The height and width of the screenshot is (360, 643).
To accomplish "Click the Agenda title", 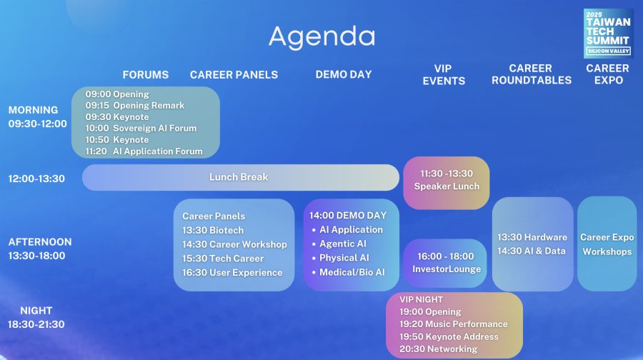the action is (322, 37).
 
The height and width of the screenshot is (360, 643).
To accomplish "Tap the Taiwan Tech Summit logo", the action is (609, 33).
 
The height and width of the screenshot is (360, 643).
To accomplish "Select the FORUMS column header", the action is (146, 74).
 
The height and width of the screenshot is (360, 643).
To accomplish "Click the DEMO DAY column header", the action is (344, 74).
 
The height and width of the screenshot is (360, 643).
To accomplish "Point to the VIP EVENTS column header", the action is (444, 74).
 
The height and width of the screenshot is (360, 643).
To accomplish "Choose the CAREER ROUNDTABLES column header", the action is (532, 74).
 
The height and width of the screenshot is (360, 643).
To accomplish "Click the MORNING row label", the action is (33, 110).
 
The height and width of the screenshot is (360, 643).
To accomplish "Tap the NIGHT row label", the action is (36, 311).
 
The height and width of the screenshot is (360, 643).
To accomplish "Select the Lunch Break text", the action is (239, 177).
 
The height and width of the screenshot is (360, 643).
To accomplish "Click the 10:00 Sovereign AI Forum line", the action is (141, 129).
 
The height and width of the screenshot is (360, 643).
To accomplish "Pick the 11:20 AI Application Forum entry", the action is (144, 151).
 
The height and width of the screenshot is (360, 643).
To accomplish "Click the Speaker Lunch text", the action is (447, 186).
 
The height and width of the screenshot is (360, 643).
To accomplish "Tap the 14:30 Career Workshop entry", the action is (234, 244).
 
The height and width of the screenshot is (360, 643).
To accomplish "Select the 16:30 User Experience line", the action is (232, 273).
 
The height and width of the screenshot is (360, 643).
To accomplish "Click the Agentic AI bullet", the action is (339, 244).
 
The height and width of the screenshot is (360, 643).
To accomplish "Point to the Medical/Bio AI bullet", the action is (349, 272).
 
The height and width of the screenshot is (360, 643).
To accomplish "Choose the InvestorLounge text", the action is (447, 269).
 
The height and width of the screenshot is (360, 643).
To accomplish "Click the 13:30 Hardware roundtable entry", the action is (532, 237).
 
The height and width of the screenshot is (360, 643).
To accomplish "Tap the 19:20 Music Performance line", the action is (454, 324).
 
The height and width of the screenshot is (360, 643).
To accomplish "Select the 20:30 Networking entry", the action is (439, 349).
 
